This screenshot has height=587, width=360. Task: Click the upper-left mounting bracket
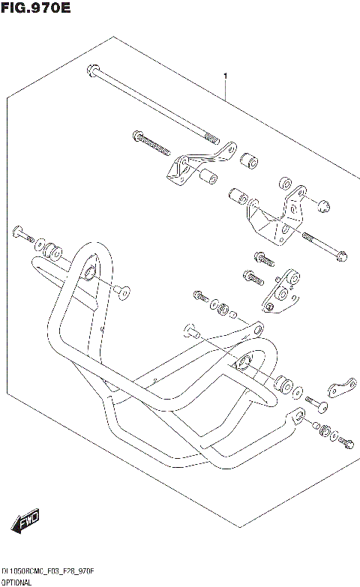[x=192, y=167]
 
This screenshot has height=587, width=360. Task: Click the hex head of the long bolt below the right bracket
[x=341, y=256]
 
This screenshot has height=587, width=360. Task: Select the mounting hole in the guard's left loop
[x=89, y=271]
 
